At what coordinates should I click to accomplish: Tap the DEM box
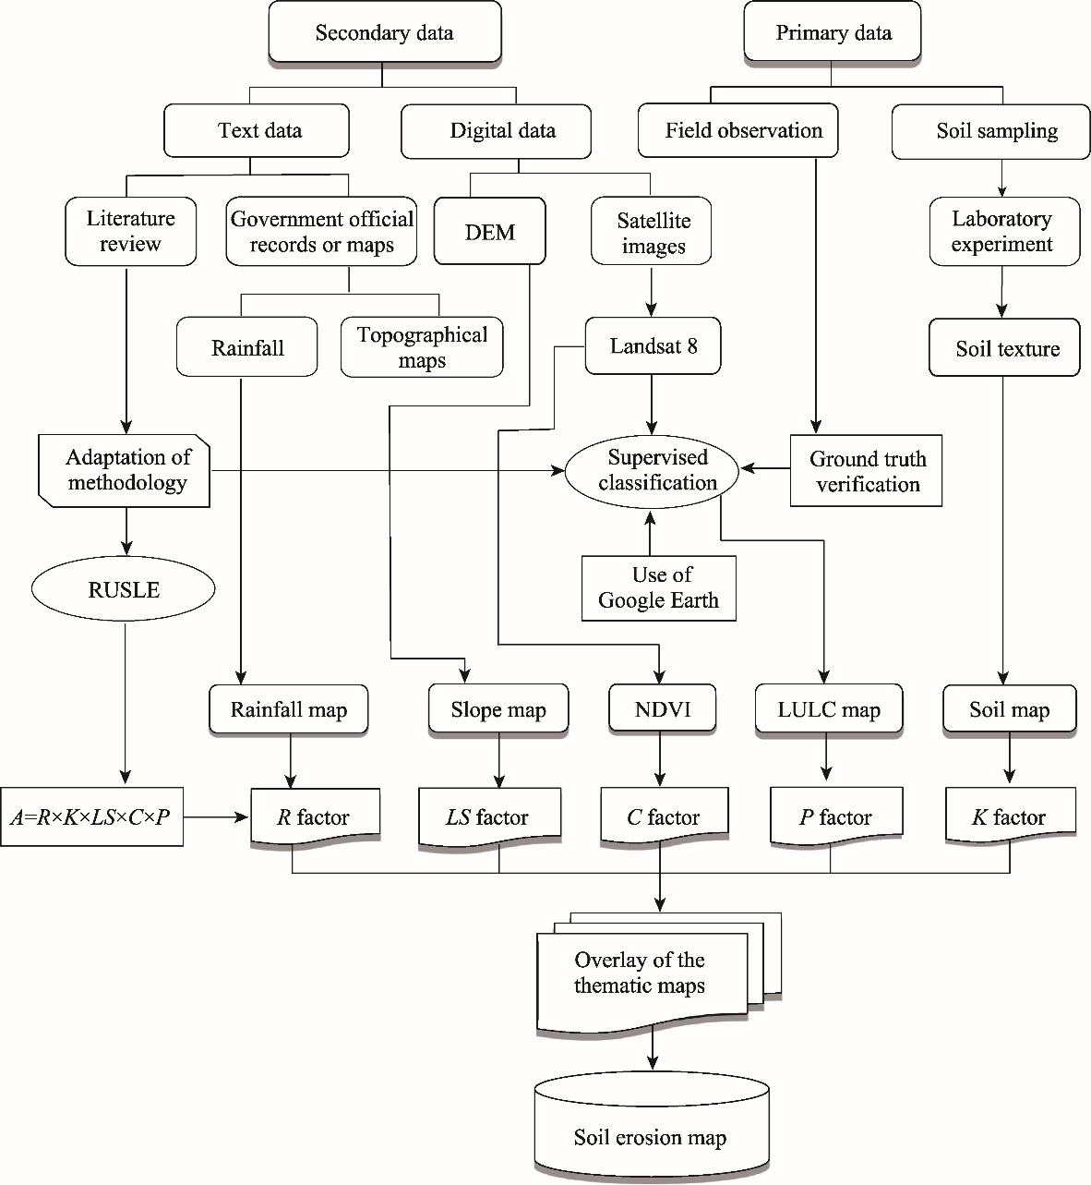pos(490,232)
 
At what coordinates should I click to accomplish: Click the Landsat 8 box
pos(653,347)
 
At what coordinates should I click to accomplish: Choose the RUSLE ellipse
pos(124,589)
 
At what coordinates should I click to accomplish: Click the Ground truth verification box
pos(866,471)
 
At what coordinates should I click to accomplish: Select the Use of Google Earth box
pos(658,587)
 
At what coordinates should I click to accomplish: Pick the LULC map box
pos(829,709)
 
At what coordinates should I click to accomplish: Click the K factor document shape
pos(1009,816)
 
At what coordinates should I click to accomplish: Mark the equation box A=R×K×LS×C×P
pos(91,817)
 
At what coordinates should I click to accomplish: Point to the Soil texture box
pos(1004,348)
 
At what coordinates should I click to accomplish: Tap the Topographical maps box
pos(422,347)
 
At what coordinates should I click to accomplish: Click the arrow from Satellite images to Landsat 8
pos(653,291)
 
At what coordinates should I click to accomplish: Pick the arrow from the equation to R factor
pos(217,817)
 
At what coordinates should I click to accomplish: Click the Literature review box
pos(130,232)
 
